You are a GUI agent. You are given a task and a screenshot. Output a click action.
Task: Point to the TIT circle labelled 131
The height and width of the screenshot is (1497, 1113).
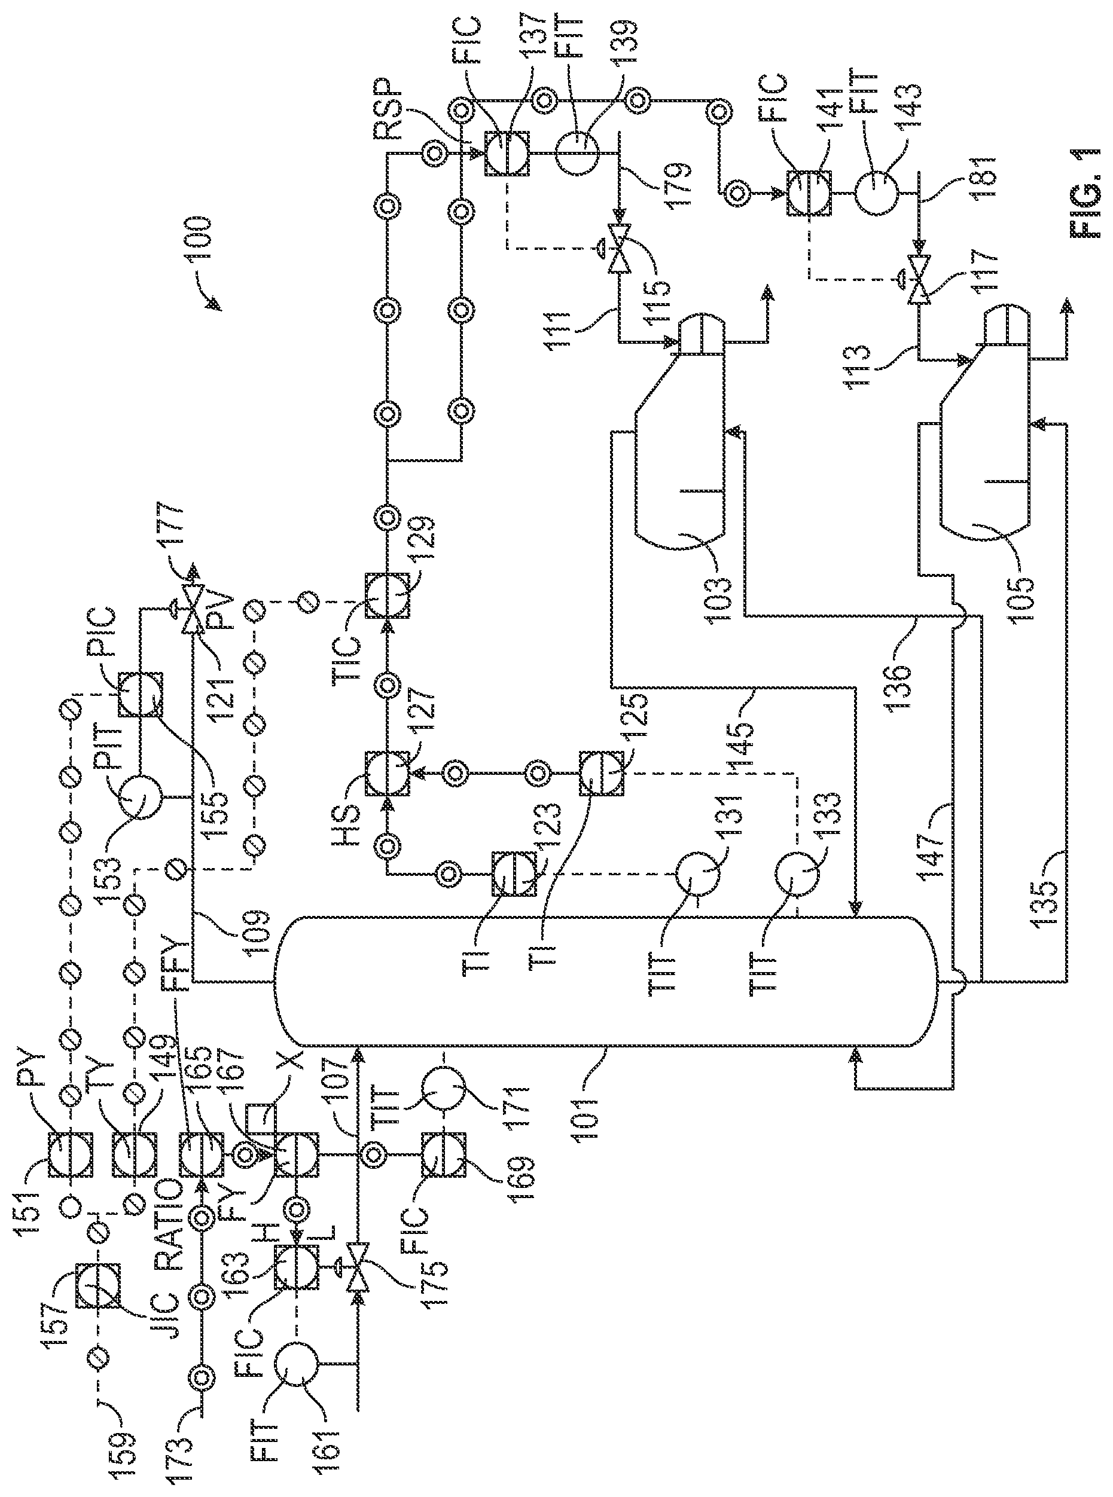698,874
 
